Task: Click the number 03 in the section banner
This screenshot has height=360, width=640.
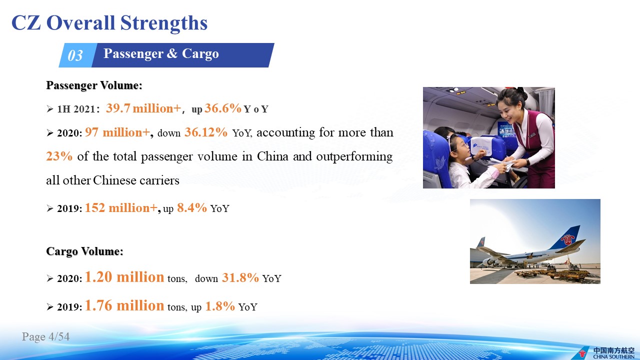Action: click(x=75, y=55)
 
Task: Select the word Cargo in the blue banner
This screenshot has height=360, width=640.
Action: click(x=200, y=54)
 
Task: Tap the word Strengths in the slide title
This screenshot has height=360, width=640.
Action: click(x=163, y=23)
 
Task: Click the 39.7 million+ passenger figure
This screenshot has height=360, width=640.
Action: click(x=143, y=108)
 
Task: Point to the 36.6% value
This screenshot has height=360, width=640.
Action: click(x=223, y=108)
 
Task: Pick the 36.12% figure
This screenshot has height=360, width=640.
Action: click(x=206, y=132)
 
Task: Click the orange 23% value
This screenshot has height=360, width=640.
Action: click(x=59, y=156)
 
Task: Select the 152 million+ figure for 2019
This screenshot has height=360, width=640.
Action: click(x=121, y=207)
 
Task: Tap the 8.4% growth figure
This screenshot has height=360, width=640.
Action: click(x=192, y=207)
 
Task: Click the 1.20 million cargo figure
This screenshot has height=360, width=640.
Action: click(x=124, y=277)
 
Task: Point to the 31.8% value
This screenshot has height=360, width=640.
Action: click(x=240, y=277)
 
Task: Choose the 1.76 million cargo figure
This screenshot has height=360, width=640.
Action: click(x=124, y=305)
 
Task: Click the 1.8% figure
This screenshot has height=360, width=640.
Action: click(x=220, y=306)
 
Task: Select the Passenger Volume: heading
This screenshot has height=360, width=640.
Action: click(x=94, y=85)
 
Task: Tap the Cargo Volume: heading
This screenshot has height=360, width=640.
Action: click(x=84, y=251)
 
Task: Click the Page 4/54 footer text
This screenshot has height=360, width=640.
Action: click(x=45, y=336)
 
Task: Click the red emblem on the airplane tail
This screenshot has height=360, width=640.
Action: click(x=567, y=239)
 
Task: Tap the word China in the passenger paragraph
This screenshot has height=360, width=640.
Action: click(x=272, y=156)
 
